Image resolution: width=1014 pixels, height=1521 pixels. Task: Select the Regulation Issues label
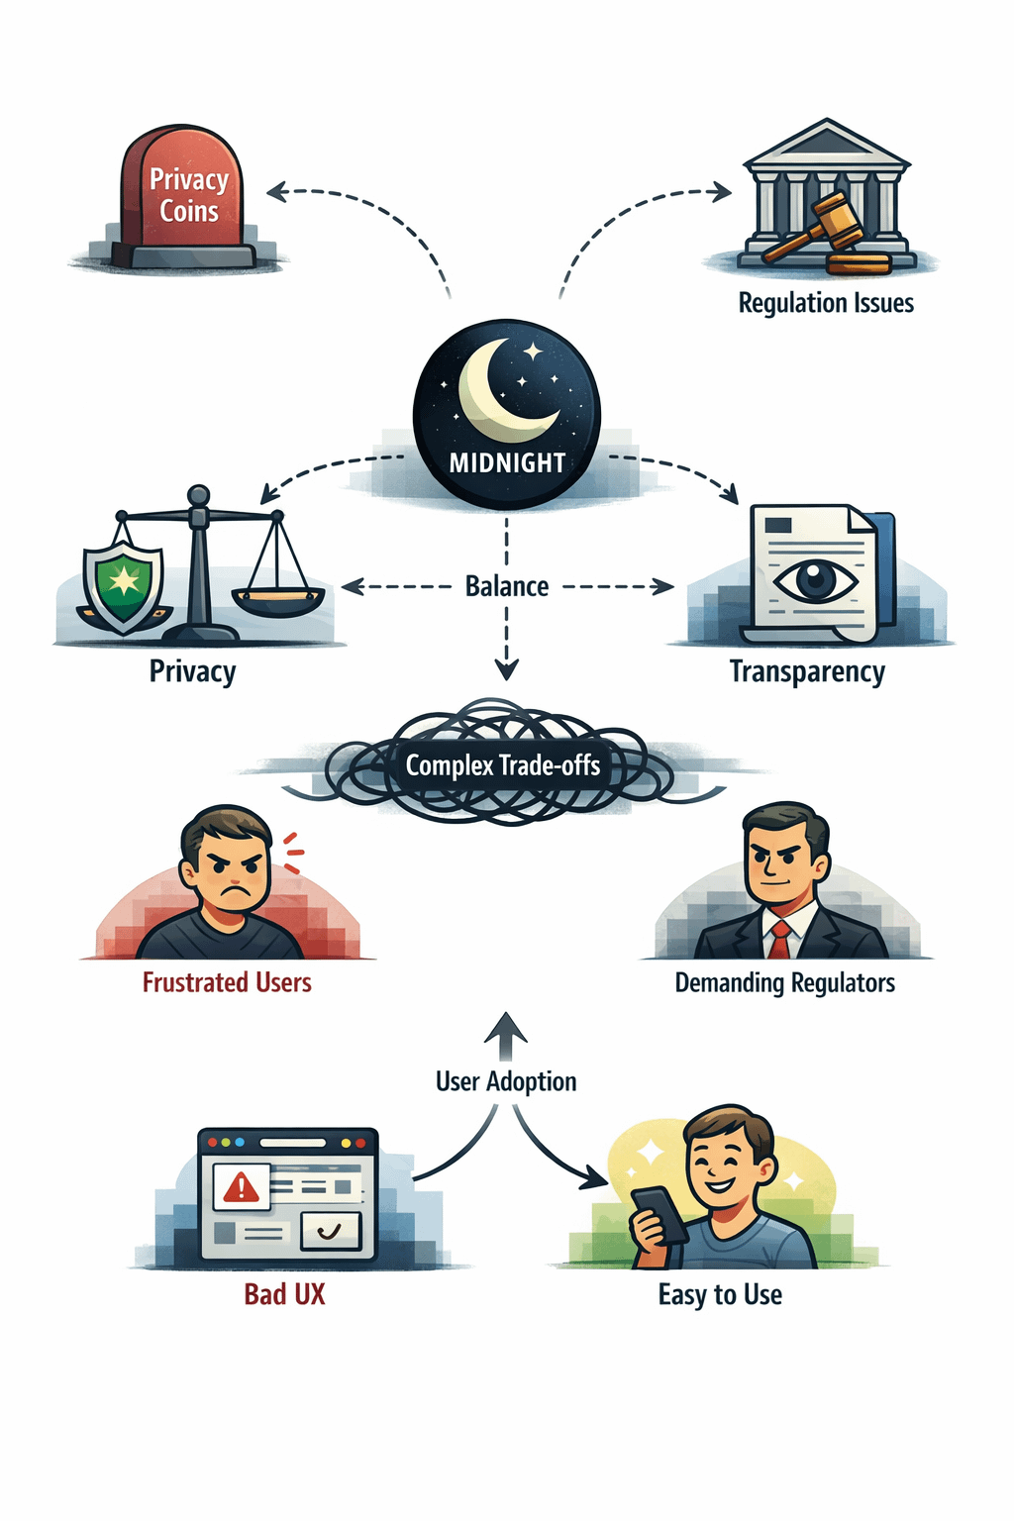click(x=826, y=303)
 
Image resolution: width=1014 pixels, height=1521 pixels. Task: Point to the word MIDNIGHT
click(x=507, y=462)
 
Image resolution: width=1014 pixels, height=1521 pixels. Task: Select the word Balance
click(x=507, y=586)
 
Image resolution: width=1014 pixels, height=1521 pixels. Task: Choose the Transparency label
click(x=807, y=671)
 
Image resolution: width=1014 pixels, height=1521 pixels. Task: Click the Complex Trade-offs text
click(x=503, y=765)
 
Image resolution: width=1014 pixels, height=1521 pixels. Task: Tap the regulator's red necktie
click(x=780, y=939)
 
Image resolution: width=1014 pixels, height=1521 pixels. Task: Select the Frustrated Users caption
click(x=227, y=982)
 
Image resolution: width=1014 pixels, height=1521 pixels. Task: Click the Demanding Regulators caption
click(x=784, y=983)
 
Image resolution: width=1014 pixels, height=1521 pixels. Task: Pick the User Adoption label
click(x=506, y=1081)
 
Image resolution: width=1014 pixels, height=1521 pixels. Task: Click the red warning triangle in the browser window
click(x=241, y=1186)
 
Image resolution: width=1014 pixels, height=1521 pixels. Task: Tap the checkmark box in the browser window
click(x=331, y=1231)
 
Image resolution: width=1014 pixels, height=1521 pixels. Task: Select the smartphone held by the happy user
click(x=659, y=1215)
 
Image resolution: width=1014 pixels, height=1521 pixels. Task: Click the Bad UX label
click(x=284, y=1294)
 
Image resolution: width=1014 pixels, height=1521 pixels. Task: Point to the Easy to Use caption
click(x=720, y=1294)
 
